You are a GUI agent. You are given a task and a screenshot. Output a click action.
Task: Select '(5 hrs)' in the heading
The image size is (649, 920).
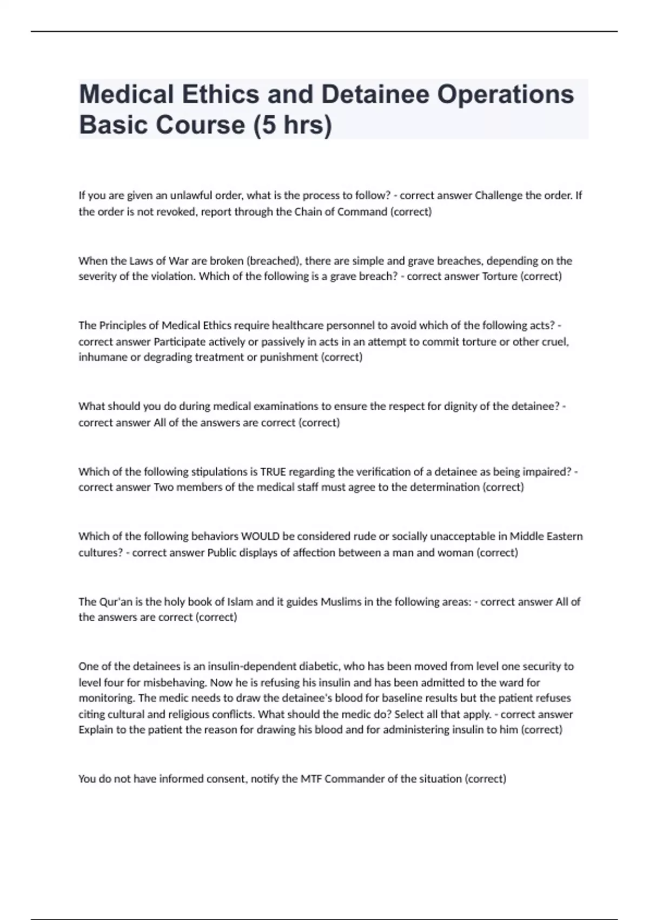tap(292, 125)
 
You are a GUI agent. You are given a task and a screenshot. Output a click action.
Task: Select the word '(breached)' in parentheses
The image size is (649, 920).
tap(274, 261)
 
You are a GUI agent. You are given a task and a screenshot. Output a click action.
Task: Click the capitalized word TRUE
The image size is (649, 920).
tap(273, 471)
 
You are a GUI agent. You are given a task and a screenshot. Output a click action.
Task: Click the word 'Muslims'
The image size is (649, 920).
tap(341, 601)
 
